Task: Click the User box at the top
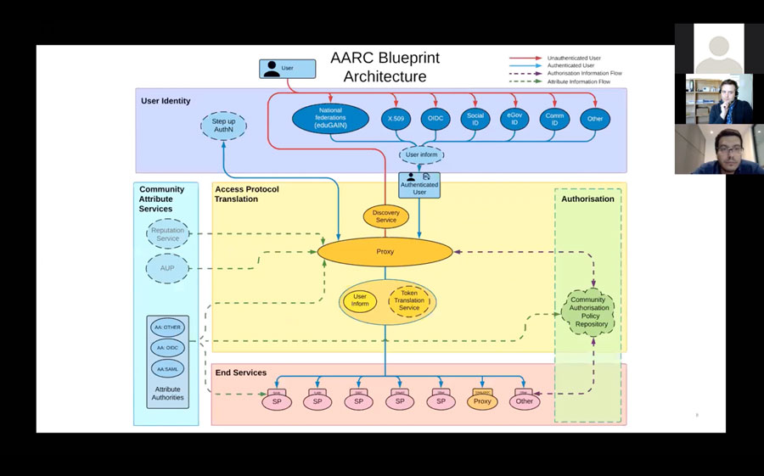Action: pyautogui.click(x=281, y=68)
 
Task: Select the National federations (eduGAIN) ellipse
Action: pyautogui.click(x=330, y=118)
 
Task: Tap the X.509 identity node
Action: pyautogui.click(x=395, y=118)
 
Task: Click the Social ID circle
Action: pyautogui.click(x=475, y=118)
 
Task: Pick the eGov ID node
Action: pyautogui.click(x=514, y=118)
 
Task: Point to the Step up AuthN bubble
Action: pyautogui.click(x=224, y=126)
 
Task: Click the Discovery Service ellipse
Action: pyautogui.click(x=385, y=216)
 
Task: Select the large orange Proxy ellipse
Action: pyautogui.click(x=385, y=252)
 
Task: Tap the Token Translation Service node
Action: pyautogui.click(x=409, y=301)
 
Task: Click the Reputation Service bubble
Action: pyautogui.click(x=168, y=234)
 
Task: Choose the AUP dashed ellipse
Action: pyautogui.click(x=168, y=268)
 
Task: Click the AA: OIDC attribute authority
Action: pyautogui.click(x=167, y=348)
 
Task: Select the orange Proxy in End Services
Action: pyautogui.click(x=482, y=401)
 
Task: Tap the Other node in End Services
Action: pyautogui.click(x=525, y=401)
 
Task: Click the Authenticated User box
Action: pyautogui.click(x=419, y=184)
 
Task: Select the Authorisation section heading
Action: pyautogui.click(x=587, y=199)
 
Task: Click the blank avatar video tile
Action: pyautogui.click(x=718, y=48)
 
